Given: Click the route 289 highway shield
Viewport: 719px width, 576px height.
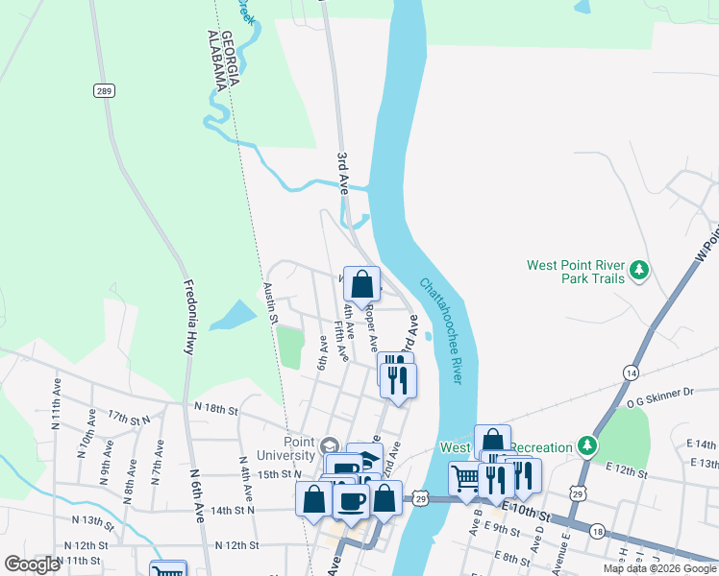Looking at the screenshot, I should click(104, 90).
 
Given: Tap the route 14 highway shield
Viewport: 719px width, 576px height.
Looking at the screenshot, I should click(631, 372).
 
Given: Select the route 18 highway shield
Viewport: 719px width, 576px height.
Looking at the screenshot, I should click(598, 531).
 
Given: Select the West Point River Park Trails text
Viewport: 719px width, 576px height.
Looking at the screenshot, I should click(576, 272).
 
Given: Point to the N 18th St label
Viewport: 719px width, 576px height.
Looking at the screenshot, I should click(215, 409).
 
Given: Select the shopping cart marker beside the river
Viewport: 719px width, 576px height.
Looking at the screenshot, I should click(466, 478).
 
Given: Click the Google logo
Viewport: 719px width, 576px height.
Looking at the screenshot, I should click(33, 564).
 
